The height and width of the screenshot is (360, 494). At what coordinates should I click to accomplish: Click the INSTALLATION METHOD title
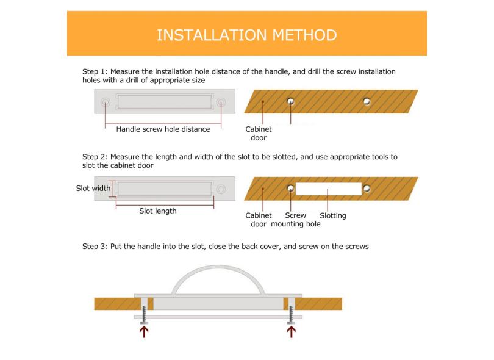click(x=246, y=35)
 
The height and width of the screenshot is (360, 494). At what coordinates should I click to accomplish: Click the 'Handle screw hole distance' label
click(x=163, y=129)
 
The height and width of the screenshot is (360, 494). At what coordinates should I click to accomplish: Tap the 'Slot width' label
click(x=93, y=188)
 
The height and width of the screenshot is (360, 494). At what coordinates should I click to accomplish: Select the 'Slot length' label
click(x=158, y=211)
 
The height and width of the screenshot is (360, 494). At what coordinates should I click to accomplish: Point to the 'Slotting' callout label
click(x=333, y=215)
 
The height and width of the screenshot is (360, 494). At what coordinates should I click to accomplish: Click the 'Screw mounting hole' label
click(x=296, y=220)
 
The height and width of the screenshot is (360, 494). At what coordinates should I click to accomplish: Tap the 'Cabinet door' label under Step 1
click(x=259, y=134)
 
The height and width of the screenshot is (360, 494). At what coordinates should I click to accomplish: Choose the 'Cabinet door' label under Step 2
click(x=259, y=220)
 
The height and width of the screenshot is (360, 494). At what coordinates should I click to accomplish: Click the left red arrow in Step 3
click(x=144, y=332)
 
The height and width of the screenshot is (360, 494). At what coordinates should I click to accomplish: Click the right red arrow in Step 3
click(x=291, y=332)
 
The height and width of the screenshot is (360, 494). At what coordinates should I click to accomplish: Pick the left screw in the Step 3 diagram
click(x=144, y=315)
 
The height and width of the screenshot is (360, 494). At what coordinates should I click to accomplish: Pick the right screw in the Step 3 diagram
click(x=291, y=315)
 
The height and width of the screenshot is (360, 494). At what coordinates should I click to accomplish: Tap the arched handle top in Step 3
click(x=218, y=267)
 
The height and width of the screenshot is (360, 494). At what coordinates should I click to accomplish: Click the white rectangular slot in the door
click(x=329, y=189)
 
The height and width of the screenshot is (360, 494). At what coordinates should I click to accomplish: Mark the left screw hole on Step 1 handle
click(x=106, y=102)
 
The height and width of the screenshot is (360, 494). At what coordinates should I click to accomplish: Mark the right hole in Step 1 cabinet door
click(x=367, y=101)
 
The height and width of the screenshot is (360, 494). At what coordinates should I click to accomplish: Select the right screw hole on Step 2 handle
click(x=221, y=189)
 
